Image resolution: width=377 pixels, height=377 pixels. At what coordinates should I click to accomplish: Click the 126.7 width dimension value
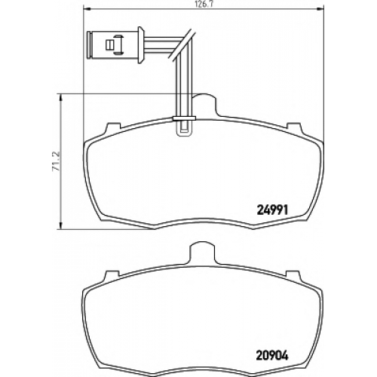pyautogui.click(x=202, y=5)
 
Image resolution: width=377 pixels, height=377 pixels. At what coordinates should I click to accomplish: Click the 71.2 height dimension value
pyautogui.click(x=56, y=161)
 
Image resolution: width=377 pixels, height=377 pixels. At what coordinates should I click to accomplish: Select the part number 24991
pyautogui.click(x=272, y=210)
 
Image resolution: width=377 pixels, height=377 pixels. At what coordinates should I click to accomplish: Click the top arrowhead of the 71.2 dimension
pyautogui.click(x=60, y=98)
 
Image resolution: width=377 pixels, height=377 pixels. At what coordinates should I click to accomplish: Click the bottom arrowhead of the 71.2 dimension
pyautogui.click(x=60, y=225)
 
